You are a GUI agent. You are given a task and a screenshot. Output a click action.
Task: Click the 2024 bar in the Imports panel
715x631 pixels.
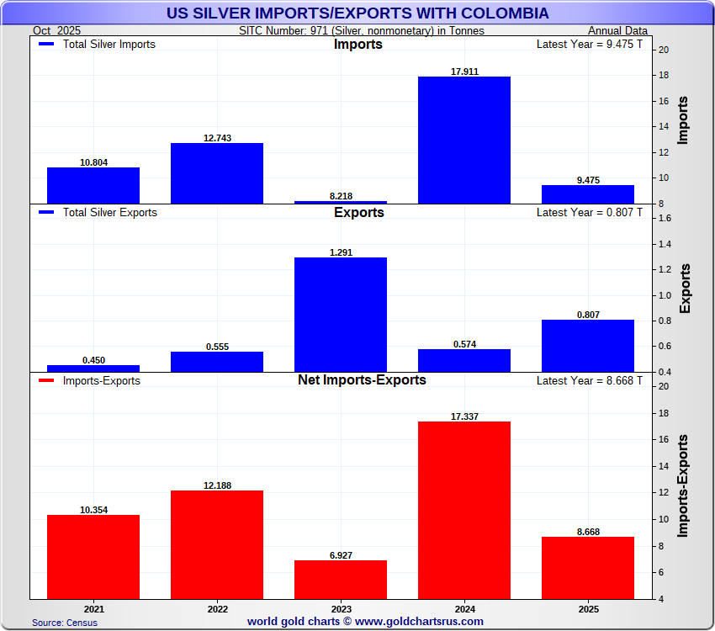tap(464, 140)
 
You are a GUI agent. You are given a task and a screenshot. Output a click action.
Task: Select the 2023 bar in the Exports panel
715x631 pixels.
tap(341, 315)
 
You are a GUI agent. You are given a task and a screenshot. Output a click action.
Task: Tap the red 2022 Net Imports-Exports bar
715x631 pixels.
tap(217, 544)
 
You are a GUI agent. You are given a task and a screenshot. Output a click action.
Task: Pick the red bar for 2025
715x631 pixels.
tap(588, 568)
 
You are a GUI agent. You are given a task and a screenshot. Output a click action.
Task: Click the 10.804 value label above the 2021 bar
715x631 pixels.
tap(93, 162)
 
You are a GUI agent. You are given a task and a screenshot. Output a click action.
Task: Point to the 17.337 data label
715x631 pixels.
tap(464, 416)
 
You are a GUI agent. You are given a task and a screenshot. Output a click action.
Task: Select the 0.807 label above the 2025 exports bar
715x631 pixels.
tap(588, 315)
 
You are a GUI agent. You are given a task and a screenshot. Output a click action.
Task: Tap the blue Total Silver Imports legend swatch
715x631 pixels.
tap(47, 45)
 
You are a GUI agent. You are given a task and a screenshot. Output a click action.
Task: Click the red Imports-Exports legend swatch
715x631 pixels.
tap(47, 381)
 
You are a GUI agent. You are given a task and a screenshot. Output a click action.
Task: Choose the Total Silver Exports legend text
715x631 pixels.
tap(109, 213)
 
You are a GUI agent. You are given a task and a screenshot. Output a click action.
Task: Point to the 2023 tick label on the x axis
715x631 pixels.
tap(341, 607)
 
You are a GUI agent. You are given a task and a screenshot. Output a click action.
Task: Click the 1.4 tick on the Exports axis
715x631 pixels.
tap(662, 244)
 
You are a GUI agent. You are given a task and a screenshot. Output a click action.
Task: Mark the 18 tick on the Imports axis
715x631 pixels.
tap(664, 76)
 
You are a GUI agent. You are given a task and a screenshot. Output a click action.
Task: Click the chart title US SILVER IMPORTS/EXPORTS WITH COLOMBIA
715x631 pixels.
tap(356, 13)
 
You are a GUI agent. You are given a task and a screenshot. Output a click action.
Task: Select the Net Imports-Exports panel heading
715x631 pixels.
tap(362, 380)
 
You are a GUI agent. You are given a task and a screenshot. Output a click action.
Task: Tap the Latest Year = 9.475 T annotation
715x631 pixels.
tap(589, 45)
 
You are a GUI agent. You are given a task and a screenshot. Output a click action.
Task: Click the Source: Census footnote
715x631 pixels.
tap(65, 623)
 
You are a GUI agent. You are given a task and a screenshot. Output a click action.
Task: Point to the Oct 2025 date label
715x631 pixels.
tap(56, 30)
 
